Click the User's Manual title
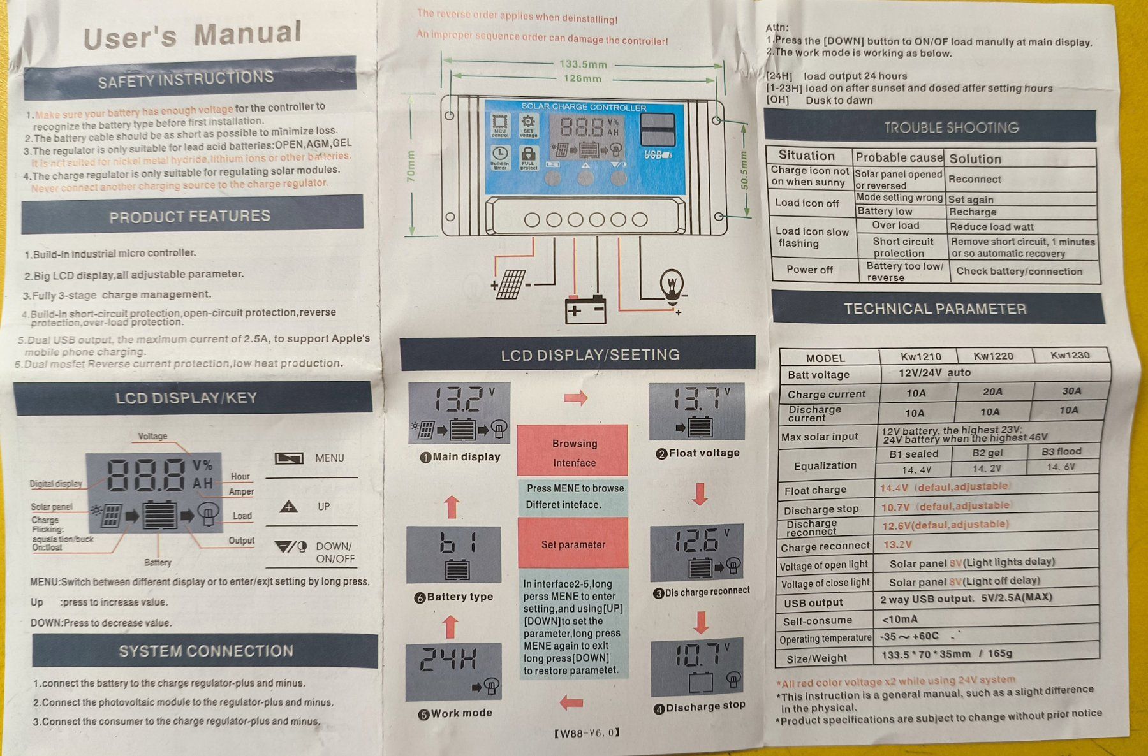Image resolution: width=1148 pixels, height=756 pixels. pyautogui.click(x=193, y=36)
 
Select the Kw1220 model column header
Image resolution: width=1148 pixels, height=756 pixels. pyautogui.click(x=993, y=356)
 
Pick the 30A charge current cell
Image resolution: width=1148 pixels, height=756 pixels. pyautogui.click(x=1071, y=391)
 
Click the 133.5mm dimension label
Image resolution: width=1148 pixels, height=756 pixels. pyautogui.click(x=583, y=64)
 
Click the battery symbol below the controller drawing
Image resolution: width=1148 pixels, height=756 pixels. pyautogui.click(x=585, y=309)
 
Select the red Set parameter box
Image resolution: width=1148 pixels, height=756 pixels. pyautogui.click(x=573, y=544)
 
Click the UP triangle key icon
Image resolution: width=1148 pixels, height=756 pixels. pyautogui.click(x=289, y=507)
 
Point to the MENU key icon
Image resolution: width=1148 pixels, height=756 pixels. pyautogui.click(x=289, y=458)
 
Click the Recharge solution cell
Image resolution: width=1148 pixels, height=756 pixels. pyautogui.click(x=973, y=212)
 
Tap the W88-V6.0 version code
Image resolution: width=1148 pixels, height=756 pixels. pyautogui.click(x=587, y=733)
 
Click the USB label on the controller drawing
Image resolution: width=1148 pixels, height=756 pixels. pyautogui.click(x=657, y=155)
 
